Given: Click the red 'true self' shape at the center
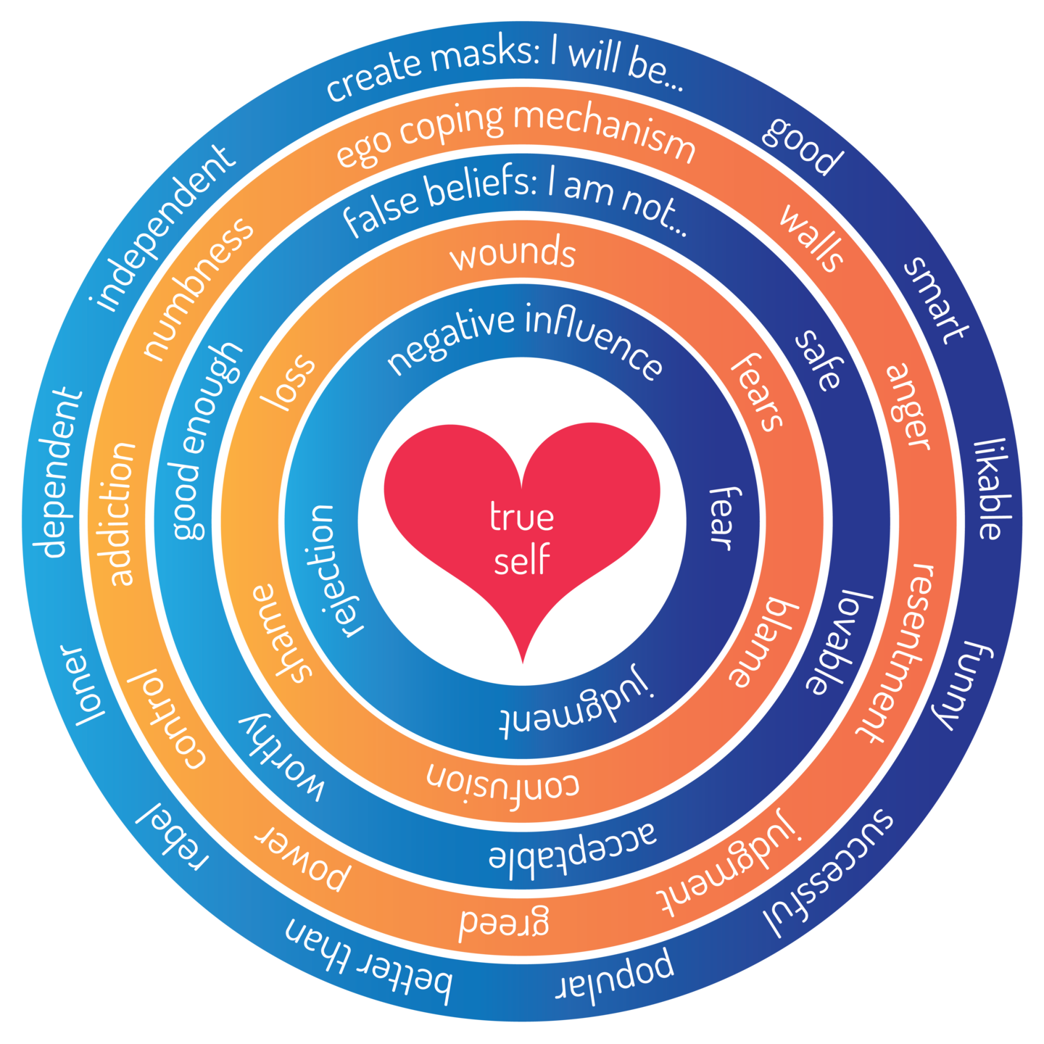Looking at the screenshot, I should [522, 540].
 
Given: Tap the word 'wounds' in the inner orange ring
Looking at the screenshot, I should [513, 254].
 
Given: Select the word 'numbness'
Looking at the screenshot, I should [197, 289].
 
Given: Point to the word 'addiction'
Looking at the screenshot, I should [121, 513].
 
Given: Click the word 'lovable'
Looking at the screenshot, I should [839, 642].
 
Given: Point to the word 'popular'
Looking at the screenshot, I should [616, 975].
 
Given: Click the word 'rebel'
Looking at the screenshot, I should [173, 835].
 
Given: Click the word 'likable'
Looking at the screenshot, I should [992, 489].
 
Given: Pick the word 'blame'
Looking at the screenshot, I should [763, 642].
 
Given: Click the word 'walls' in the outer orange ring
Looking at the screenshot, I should [812, 238].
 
